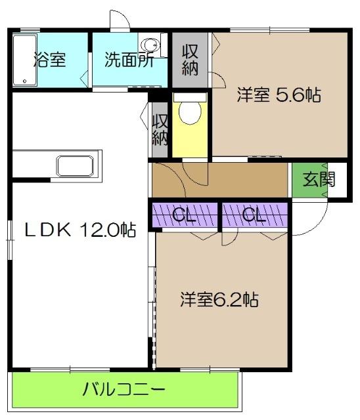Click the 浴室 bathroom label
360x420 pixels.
49,59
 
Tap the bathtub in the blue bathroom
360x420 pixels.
24,60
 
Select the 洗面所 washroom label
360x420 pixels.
129,60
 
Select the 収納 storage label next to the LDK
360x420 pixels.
160,130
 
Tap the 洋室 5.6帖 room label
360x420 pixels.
279,95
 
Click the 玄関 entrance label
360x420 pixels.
318,179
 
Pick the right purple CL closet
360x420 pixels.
254,215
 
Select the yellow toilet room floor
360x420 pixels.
191,141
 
